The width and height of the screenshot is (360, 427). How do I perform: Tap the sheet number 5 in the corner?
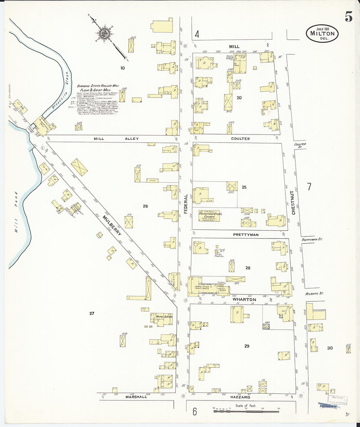349,16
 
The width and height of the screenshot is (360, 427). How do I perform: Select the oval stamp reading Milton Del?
322,33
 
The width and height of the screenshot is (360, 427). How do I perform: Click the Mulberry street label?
112,225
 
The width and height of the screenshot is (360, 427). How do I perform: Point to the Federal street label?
186,204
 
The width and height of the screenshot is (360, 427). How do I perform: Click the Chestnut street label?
293,203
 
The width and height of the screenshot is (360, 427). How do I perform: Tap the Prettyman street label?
246,235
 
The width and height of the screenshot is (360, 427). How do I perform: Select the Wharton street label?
244,299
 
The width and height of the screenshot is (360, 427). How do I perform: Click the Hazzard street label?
241,397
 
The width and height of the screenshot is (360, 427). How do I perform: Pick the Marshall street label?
136,397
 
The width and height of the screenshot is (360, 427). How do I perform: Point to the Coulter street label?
240,139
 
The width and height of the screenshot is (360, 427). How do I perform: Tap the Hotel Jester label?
164,316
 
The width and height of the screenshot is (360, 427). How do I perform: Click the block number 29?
247,346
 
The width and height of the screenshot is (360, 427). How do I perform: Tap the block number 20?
239,98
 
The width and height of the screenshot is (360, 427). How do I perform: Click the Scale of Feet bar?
246,410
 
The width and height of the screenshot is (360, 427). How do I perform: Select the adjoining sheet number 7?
309,187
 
